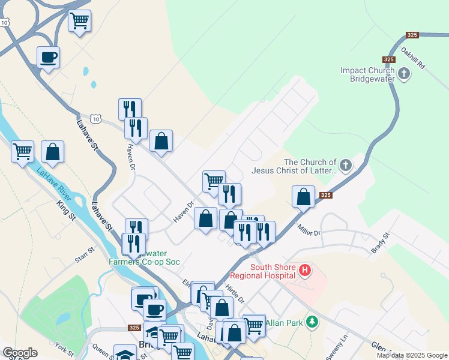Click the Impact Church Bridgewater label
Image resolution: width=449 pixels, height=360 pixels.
[x=367, y=74]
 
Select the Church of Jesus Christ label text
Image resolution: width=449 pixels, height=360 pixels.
[x=310, y=166]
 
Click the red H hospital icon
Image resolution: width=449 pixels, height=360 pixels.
[x=305, y=271]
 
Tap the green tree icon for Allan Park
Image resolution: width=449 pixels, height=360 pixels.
[x=311, y=323]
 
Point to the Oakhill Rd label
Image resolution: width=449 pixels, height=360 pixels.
[x=414, y=57]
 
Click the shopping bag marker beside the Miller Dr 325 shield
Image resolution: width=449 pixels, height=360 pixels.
[x=304, y=197]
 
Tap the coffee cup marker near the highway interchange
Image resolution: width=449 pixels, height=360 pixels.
[x=49, y=58]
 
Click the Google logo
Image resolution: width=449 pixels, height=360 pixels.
[x=20, y=353]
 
